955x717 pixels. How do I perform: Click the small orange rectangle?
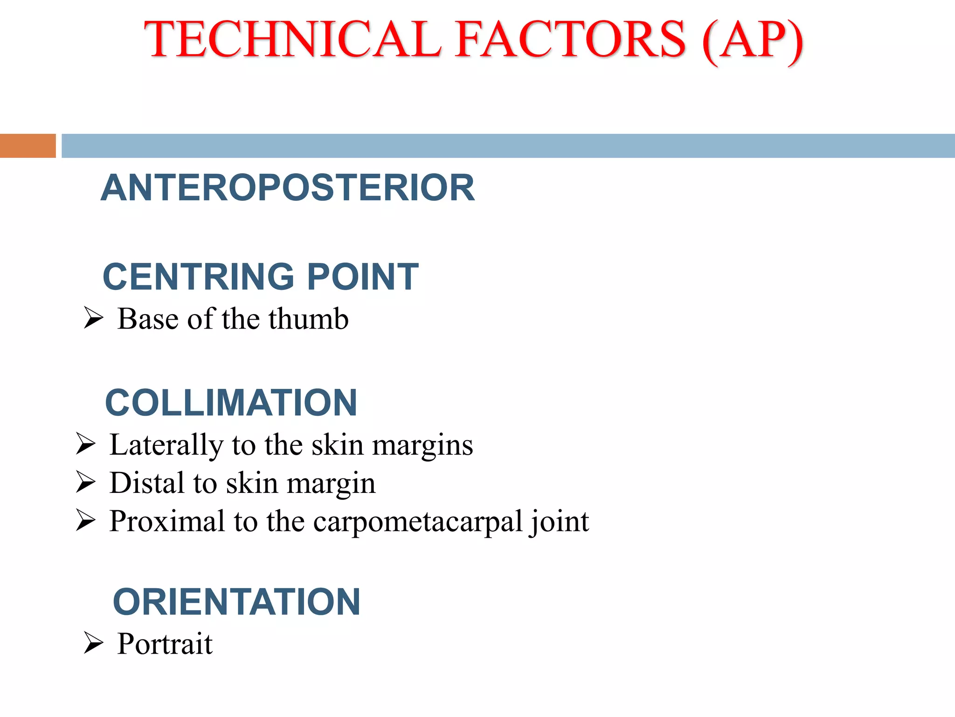click(x=28, y=146)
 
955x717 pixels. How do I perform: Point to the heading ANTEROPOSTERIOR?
click(x=288, y=188)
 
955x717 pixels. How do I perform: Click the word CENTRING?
click(x=198, y=277)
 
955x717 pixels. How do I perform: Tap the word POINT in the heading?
click(x=363, y=277)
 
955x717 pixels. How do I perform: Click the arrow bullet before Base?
click(x=93, y=318)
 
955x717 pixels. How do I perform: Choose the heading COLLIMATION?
click(x=231, y=403)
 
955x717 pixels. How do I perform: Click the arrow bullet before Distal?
click(x=85, y=482)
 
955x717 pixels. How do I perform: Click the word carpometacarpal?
click(x=418, y=522)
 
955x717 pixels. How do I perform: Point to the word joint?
click(x=559, y=522)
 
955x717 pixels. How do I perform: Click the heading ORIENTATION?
click(x=236, y=602)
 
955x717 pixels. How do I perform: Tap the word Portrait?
click(x=165, y=644)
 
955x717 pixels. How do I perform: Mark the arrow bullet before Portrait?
click(x=93, y=643)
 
